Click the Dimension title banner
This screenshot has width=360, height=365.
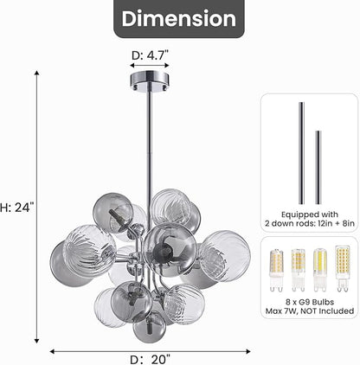pos(178,18)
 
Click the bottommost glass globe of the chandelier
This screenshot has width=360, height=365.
pos(149,326)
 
